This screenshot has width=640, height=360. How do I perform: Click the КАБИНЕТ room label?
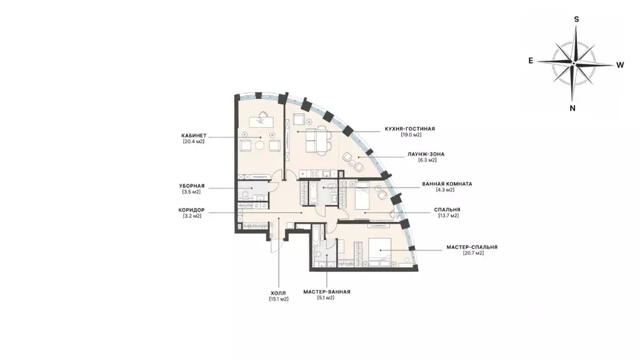[194, 136]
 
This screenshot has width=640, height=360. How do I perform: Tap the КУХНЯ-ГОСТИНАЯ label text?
[410, 129]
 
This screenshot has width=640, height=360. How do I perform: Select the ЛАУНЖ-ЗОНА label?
[426, 154]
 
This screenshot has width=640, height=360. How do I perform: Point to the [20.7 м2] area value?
[473, 253]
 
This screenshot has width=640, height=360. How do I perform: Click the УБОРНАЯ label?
[192, 186]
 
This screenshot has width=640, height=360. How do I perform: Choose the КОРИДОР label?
[191, 210]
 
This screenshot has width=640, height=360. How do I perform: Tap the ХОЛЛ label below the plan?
[278, 293]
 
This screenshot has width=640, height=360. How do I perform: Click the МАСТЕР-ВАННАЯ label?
[327, 292]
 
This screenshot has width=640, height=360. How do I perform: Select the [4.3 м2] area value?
[444, 190]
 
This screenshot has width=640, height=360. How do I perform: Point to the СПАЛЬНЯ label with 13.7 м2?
[447, 210]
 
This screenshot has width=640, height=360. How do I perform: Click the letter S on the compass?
[577, 19]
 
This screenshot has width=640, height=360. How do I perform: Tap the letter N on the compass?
[572, 108]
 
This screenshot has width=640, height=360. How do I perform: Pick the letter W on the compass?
[620, 65]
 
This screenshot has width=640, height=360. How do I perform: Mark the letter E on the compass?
[531, 61]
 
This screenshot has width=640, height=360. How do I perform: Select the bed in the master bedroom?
[379, 251]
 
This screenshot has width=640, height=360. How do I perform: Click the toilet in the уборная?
[246, 194]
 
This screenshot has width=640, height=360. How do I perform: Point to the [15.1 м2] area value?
[278, 299]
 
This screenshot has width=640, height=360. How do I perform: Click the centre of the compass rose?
[574, 63]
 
